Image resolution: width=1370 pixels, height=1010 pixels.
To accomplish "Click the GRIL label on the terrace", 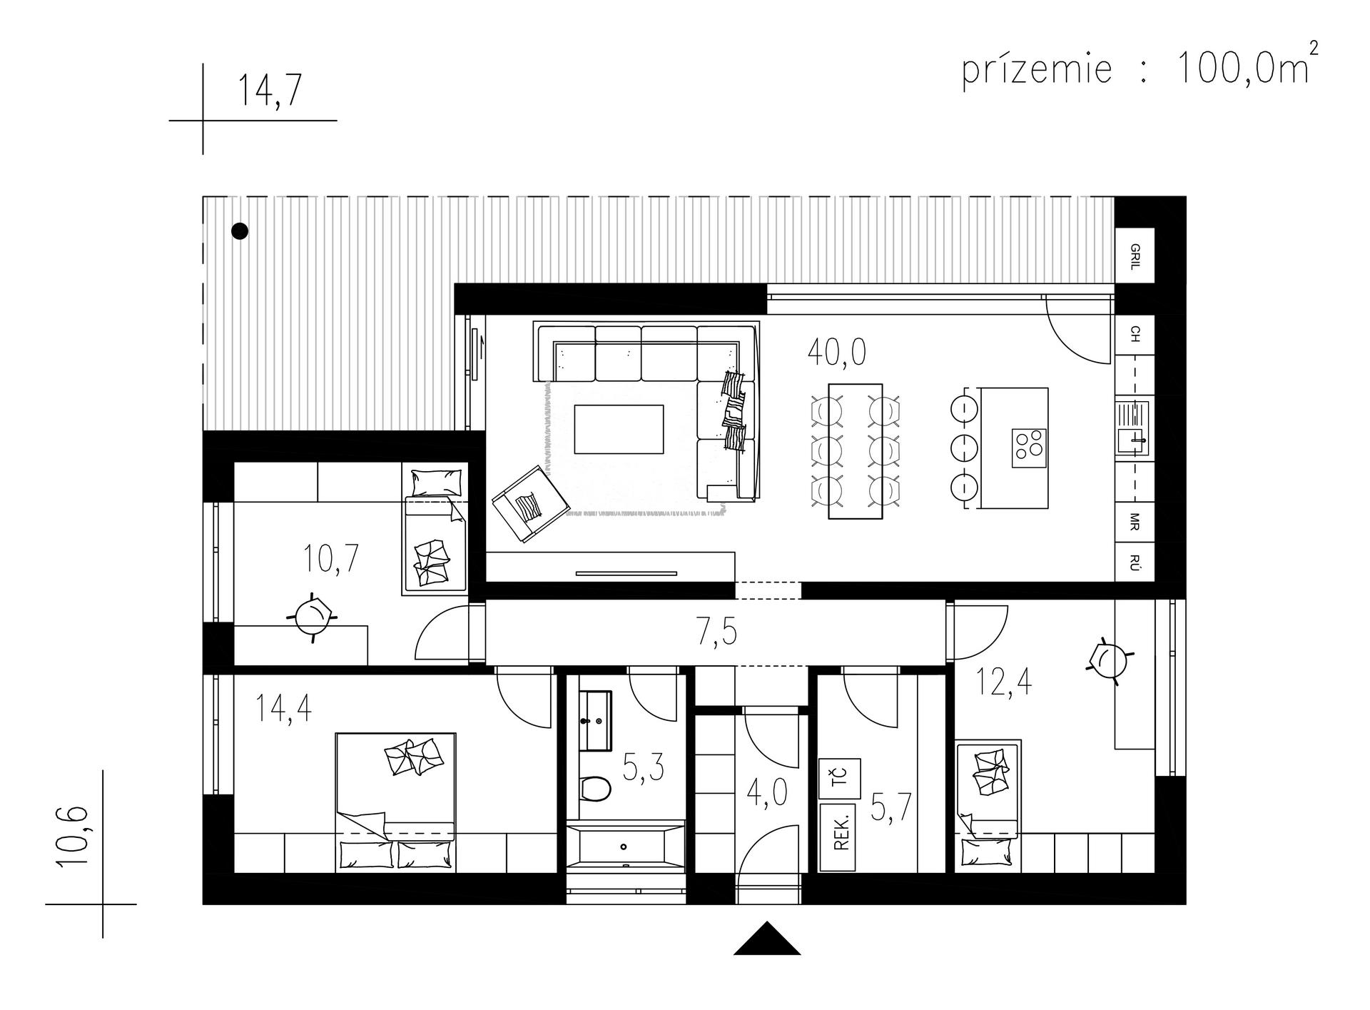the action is click(x=1135, y=256).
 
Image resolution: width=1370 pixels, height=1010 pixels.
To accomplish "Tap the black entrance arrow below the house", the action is click(x=767, y=939).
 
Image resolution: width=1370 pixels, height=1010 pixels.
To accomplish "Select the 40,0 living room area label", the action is click(x=837, y=352).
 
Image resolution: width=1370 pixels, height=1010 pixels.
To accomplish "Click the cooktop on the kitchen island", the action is click(x=1030, y=448).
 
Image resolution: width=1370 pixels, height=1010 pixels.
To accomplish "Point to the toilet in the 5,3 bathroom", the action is click(x=595, y=789).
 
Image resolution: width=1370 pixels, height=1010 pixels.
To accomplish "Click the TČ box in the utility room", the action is click(x=840, y=779).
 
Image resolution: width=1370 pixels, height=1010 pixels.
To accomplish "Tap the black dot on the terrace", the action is click(x=240, y=231).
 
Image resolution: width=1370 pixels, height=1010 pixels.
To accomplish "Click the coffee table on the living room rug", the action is click(x=619, y=429).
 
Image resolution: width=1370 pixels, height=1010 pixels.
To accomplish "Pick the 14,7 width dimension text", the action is click(x=270, y=91).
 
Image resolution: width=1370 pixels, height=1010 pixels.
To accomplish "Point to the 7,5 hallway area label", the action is click(x=716, y=632).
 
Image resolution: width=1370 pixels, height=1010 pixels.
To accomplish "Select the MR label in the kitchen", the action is click(x=1135, y=521).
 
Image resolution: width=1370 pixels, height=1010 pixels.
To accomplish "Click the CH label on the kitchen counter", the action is click(x=1135, y=334).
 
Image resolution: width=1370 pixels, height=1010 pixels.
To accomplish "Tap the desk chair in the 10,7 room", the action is click(x=312, y=615).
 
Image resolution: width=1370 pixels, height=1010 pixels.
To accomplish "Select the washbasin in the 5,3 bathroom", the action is click(x=595, y=720).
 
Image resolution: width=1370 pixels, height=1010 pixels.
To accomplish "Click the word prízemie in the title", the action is click(x=1037, y=70).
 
